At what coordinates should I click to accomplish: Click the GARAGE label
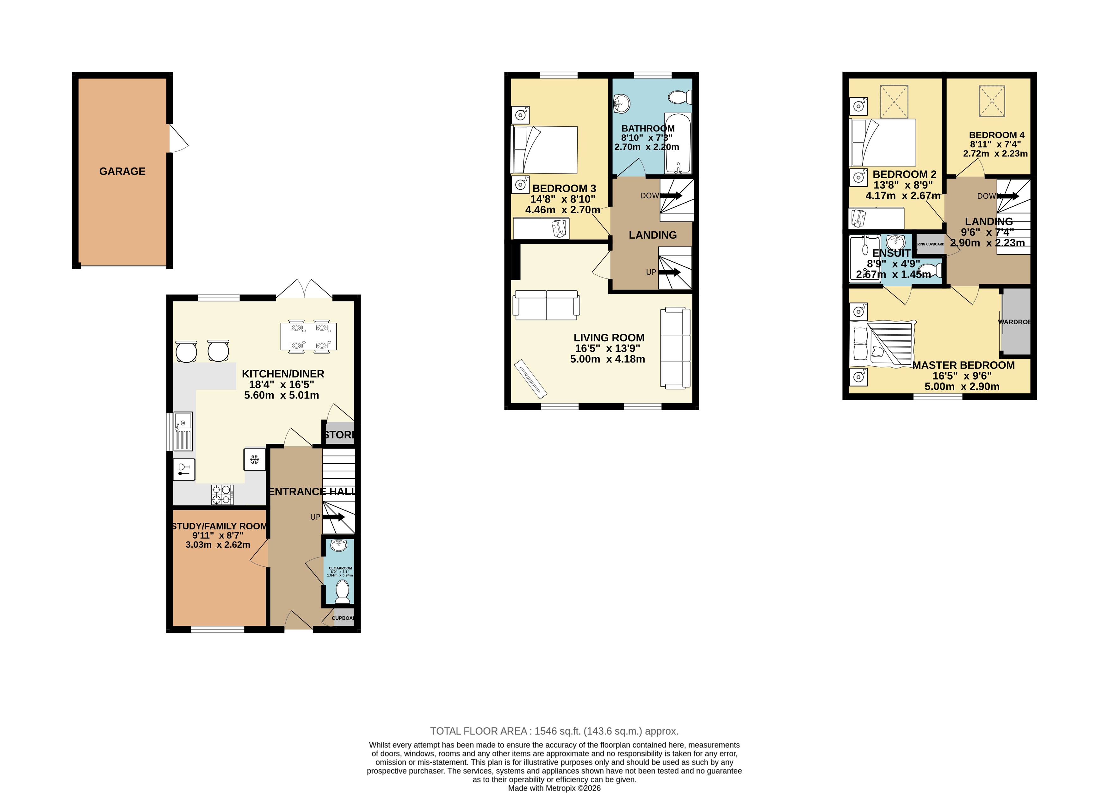coord(122,171)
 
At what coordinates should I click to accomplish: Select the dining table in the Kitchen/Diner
coord(308,336)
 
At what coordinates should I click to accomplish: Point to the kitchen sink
coord(183,431)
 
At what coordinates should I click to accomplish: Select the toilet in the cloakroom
coord(343,592)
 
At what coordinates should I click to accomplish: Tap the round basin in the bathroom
coord(622,104)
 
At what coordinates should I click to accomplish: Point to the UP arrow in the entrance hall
coord(333,517)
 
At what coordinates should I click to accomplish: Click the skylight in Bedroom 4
coord(992,101)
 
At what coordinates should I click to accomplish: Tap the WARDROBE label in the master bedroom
coord(1014,322)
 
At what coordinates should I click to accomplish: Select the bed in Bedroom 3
coord(544,150)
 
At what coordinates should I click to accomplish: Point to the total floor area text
coord(554,731)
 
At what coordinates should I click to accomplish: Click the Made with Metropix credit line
coord(554,788)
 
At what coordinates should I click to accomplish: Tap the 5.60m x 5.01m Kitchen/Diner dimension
coord(282,395)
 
